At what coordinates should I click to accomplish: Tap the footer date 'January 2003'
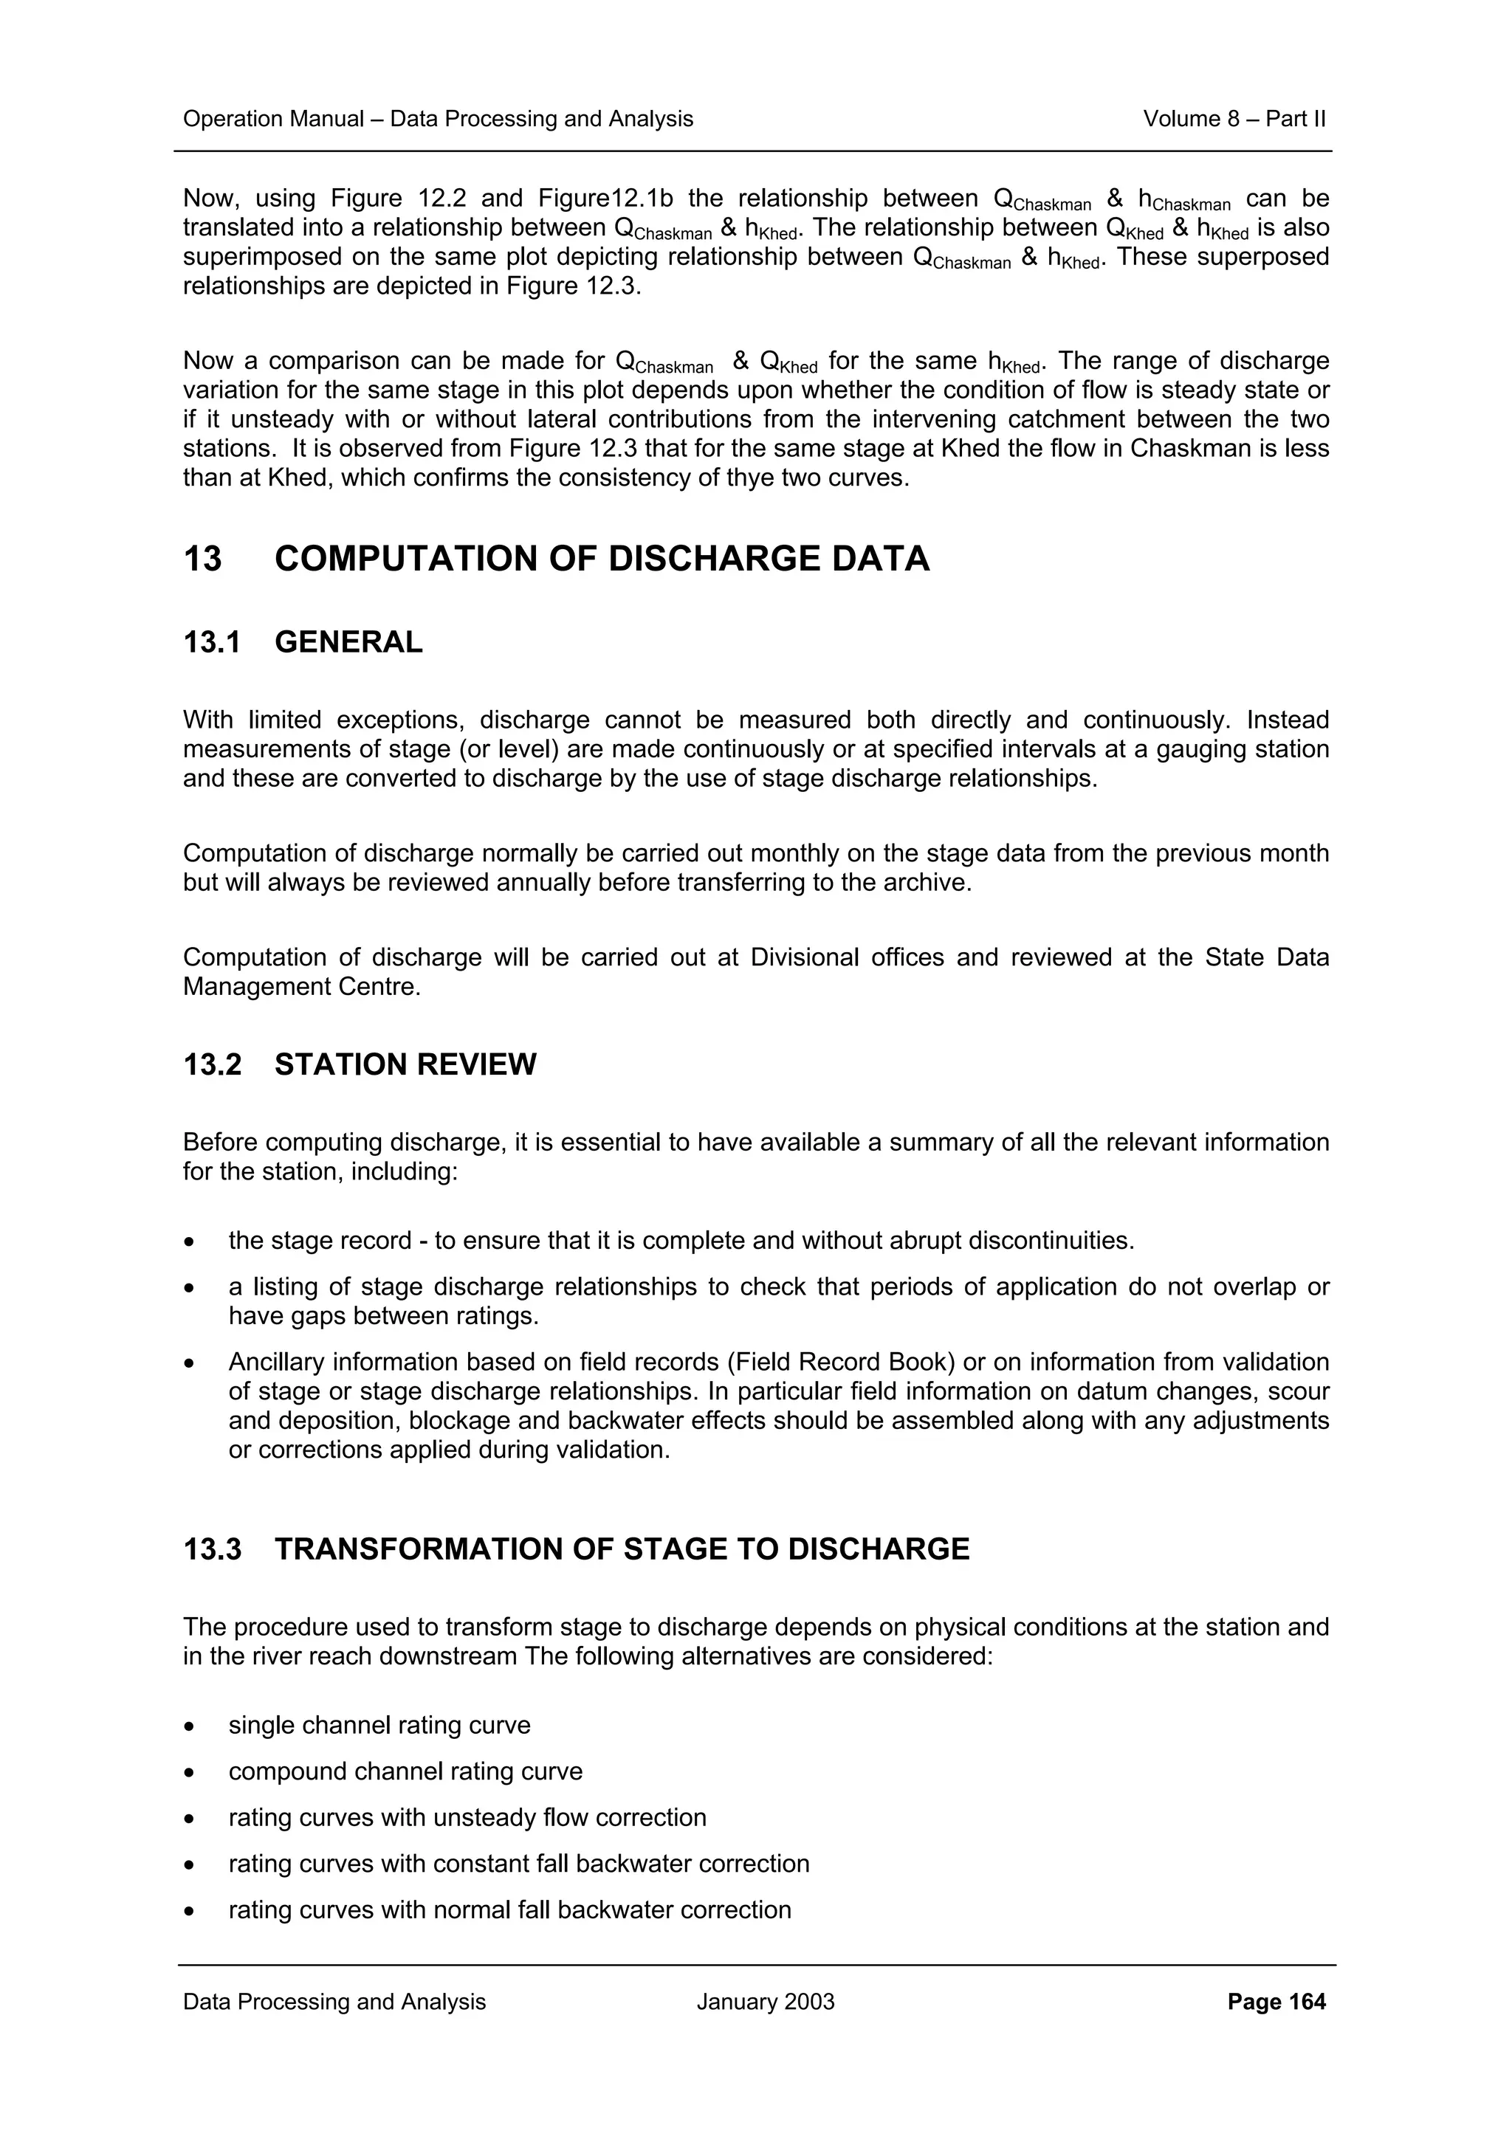[x=765, y=2001]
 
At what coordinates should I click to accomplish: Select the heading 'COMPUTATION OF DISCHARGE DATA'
[x=601, y=559]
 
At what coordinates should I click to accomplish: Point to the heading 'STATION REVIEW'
[x=405, y=1064]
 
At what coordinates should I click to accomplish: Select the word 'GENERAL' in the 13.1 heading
[x=348, y=642]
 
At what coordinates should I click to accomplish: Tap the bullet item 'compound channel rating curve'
[x=405, y=1771]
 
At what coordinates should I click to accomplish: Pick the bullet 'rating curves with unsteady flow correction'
[x=467, y=1818]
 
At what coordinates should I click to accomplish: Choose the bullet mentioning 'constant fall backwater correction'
[x=519, y=1863]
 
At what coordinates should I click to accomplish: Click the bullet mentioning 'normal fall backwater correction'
[x=509, y=1910]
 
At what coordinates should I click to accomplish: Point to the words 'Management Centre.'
[x=302, y=987]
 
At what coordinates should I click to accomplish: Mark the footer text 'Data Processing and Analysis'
[x=334, y=2001]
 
